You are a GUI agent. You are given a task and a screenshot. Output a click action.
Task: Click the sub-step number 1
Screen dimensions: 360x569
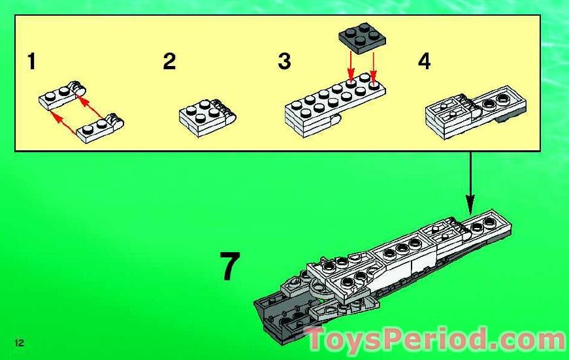(31, 62)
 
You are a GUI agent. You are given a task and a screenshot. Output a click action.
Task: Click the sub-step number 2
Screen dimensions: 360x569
(169, 62)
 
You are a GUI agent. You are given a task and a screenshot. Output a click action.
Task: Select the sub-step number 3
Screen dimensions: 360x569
(284, 62)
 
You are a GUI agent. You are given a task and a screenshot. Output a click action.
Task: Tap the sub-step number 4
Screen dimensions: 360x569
(425, 62)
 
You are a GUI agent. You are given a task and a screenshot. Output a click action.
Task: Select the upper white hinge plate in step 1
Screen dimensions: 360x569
(61, 95)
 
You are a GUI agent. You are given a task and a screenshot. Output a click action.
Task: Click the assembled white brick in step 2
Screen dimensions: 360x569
(206, 117)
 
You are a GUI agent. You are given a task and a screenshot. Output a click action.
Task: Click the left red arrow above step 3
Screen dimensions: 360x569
(351, 68)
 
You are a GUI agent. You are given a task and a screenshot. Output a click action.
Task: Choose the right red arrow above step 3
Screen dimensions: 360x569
(373, 68)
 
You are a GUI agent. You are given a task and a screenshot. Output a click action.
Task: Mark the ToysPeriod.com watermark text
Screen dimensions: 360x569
(436, 340)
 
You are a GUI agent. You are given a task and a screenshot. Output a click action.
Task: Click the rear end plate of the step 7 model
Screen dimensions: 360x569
(490, 225)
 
